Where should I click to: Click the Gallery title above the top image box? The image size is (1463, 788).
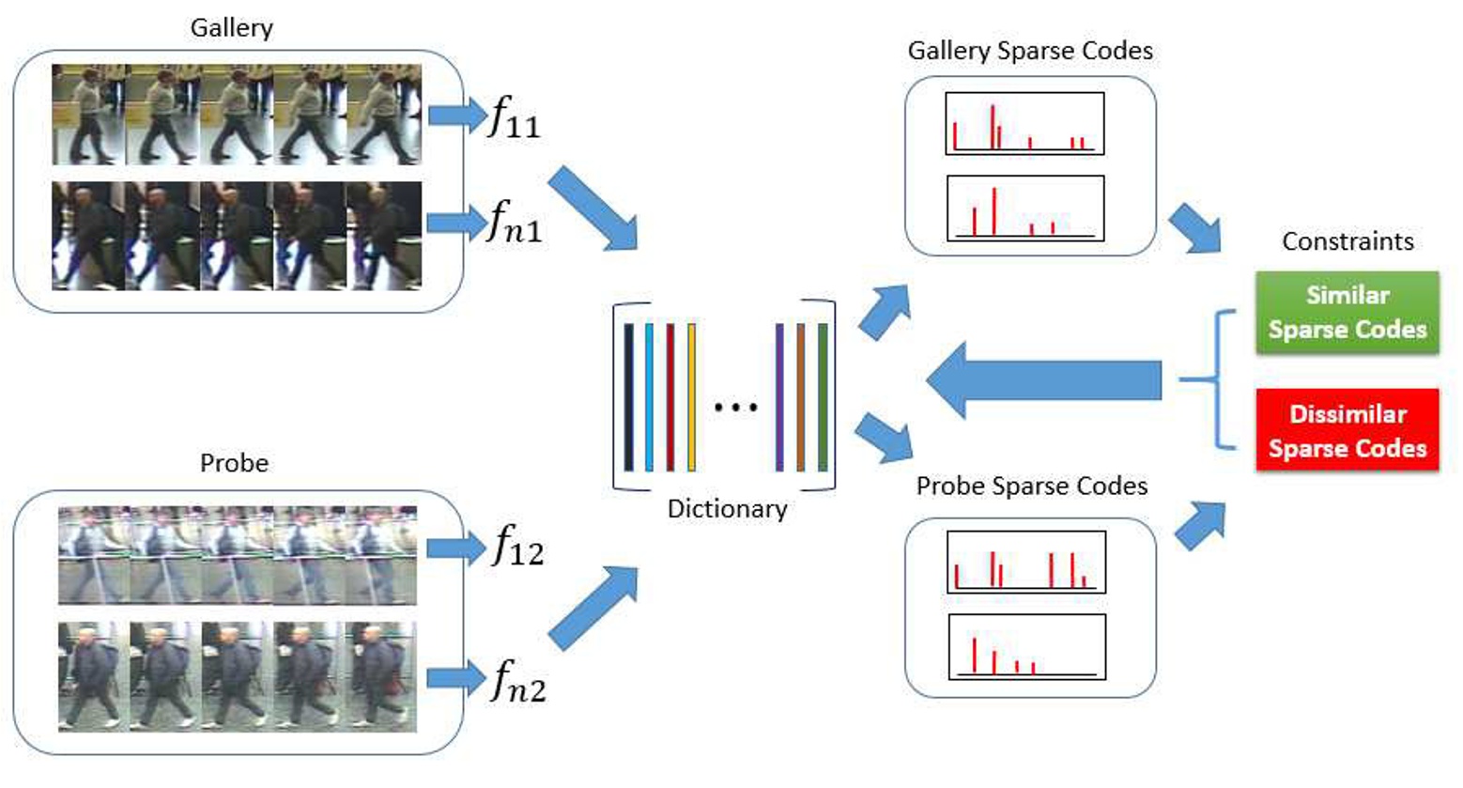click(x=231, y=27)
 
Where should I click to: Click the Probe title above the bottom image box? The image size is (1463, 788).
click(x=234, y=463)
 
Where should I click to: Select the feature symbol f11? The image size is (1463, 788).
click(x=515, y=119)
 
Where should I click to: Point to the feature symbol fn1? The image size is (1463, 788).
click(x=515, y=224)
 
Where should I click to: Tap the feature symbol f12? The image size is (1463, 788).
click(x=517, y=546)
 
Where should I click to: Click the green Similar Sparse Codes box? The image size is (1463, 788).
click(x=1347, y=313)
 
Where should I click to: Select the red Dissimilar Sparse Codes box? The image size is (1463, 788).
click(x=1347, y=431)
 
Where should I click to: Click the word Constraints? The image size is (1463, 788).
click(x=1347, y=241)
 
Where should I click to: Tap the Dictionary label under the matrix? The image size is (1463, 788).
click(x=727, y=509)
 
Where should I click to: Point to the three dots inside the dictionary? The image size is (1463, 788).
click(x=735, y=408)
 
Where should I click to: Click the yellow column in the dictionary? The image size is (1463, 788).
click(x=692, y=396)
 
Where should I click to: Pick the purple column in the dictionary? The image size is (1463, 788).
click(x=779, y=396)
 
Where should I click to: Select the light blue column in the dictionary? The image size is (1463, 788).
click(x=650, y=396)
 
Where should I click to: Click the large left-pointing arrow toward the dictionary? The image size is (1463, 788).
click(x=1042, y=381)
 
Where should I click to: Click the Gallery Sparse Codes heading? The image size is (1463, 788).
click(x=1029, y=51)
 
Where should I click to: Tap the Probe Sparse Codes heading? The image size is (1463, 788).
click(x=1031, y=486)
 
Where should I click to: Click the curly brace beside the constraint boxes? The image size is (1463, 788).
click(x=1211, y=380)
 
